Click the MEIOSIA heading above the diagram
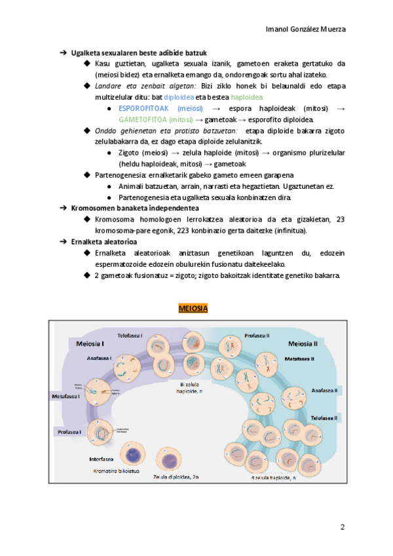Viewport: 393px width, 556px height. [x=193, y=308]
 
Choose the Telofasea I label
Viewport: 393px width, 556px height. [x=130, y=335]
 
